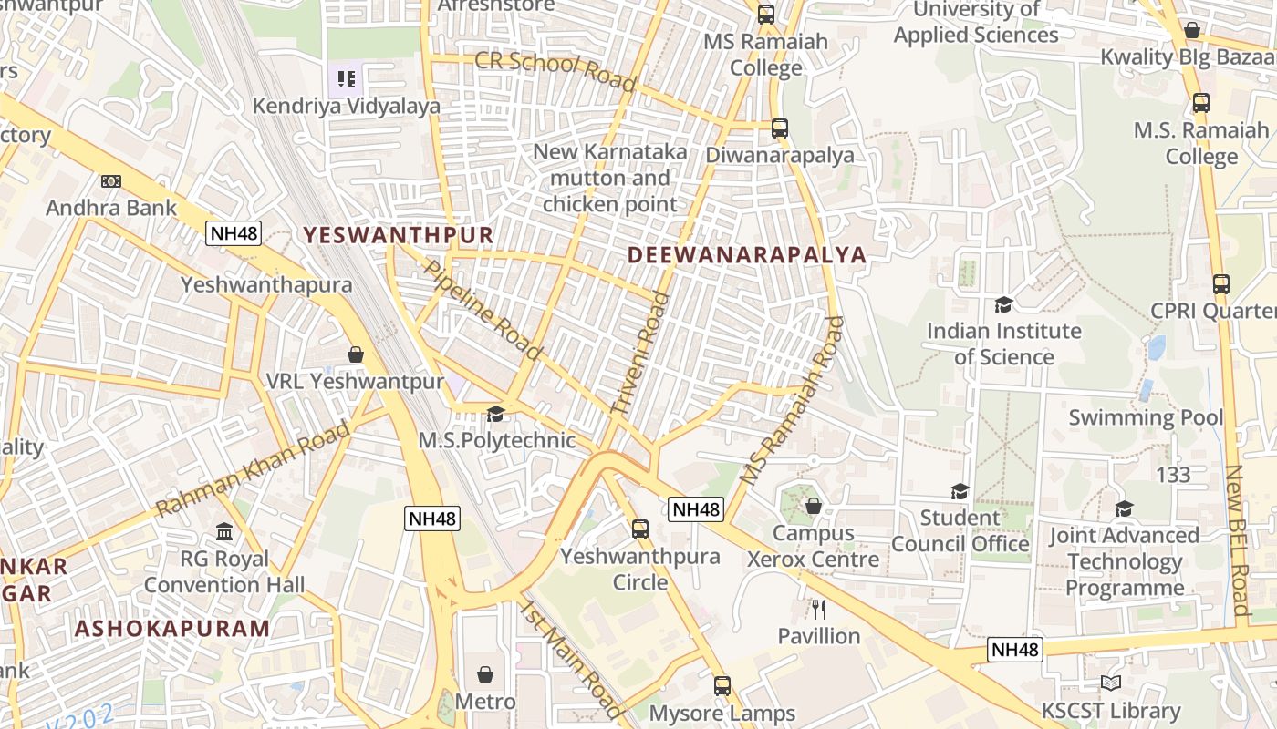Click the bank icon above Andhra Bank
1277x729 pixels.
point(111,181)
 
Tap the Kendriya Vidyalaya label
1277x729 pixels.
point(346,106)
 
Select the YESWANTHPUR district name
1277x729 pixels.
point(398,235)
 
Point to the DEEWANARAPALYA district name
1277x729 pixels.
point(747,255)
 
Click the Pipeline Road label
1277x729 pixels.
point(483,309)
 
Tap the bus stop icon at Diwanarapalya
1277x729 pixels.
point(779,128)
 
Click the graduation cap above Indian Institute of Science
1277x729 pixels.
point(1003,304)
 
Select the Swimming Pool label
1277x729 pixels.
point(1146,417)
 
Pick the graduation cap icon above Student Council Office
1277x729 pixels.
point(960,492)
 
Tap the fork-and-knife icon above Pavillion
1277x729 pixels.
point(818,609)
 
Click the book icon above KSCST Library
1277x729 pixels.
point(1111,683)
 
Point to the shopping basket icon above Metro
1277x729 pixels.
point(485,674)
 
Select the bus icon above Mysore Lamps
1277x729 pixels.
point(722,685)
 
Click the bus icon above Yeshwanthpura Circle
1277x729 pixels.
point(640,529)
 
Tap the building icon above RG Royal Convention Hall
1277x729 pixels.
point(224,531)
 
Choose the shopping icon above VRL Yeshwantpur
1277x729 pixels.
point(356,354)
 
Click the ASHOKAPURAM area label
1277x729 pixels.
point(172,629)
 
